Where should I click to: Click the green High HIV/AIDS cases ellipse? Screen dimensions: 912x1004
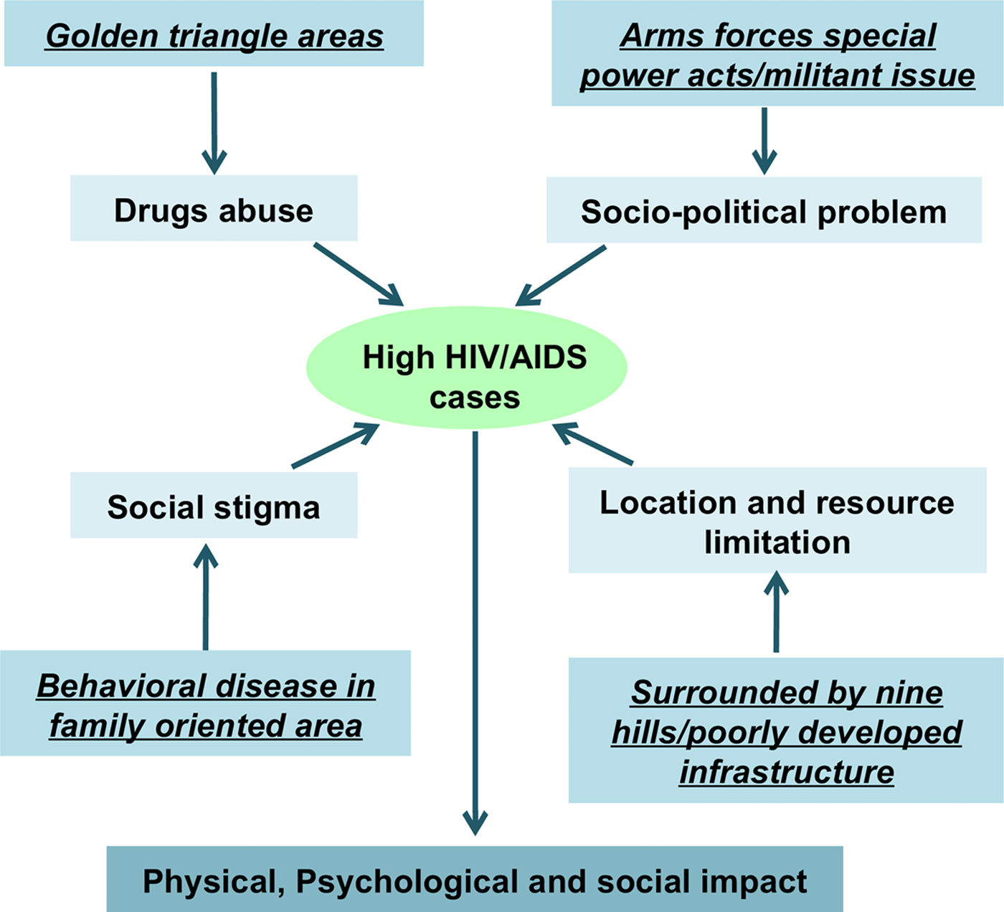(467, 368)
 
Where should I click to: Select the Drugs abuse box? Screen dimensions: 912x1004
(214, 208)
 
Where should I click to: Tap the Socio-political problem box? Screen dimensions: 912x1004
(764, 210)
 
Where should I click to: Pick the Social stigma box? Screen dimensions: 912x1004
(214, 505)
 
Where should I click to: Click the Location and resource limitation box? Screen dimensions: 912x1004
(777, 521)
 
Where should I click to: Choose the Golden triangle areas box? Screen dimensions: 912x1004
(214, 34)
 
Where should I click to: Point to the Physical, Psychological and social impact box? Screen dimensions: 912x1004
(475, 880)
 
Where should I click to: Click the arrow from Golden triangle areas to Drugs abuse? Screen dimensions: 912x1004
(214, 122)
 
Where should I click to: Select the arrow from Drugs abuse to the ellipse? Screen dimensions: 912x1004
(358, 274)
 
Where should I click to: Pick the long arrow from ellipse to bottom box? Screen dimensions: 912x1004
(475, 631)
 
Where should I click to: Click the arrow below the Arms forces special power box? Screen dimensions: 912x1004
(764, 141)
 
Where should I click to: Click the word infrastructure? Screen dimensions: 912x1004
(787, 772)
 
